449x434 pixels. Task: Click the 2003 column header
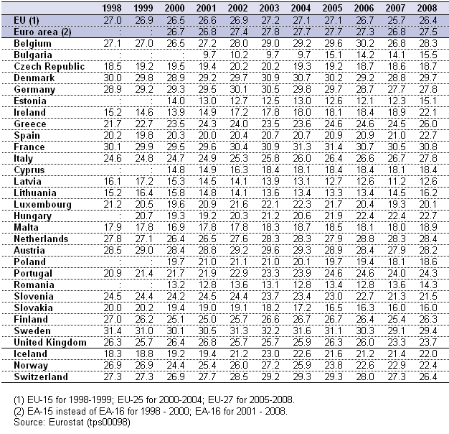269,8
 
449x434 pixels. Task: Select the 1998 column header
112,8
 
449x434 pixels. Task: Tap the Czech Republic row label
49,67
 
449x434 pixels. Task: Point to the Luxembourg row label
42,205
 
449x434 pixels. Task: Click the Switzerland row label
41,377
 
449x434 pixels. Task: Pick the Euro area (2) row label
42,32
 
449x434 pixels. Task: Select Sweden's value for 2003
270,331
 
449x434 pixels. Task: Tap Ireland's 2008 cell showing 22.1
427,112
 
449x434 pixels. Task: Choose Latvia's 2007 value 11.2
397,181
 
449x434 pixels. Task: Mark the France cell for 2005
334,147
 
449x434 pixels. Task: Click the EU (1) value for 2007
397,20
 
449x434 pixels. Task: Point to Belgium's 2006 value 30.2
365,43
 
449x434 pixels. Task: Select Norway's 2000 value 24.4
176,365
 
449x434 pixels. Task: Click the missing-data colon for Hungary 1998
120,216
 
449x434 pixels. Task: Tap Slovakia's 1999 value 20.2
144,308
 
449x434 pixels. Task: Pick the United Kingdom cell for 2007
397,342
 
